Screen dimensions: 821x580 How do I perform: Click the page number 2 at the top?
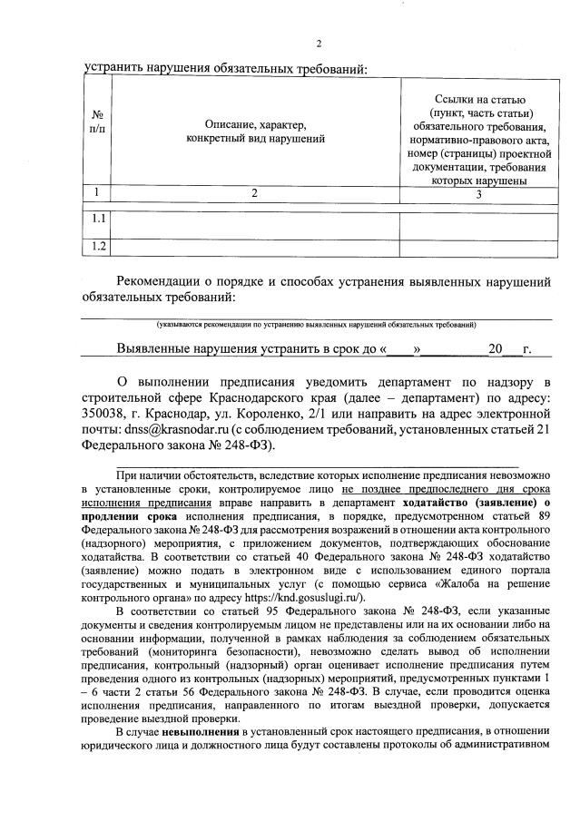click(x=319, y=44)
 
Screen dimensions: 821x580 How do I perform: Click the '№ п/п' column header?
click(x=97, y=123)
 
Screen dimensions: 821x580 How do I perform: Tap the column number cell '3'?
click(x=477, y=192)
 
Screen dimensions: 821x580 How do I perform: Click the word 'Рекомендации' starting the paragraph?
click(x=168, y=282)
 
